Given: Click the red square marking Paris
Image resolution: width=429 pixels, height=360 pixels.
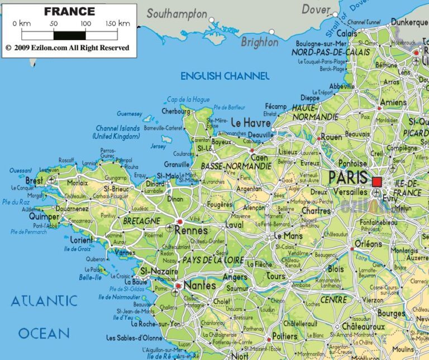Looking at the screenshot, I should point(377,182).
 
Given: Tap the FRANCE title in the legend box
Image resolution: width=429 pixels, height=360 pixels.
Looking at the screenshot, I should point(69,11).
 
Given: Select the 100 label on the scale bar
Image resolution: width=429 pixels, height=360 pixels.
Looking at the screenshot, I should point(85,23).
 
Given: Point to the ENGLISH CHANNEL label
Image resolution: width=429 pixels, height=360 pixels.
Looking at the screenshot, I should point(225,76).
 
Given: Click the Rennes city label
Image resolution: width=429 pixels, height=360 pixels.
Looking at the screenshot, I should point(192,230).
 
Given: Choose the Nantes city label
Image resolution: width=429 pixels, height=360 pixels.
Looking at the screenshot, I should point(199,286).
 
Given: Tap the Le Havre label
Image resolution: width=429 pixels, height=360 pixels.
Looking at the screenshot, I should point(250,122).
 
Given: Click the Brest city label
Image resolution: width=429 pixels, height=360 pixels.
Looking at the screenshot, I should point(34,181).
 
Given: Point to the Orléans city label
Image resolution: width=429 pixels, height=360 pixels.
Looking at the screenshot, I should point(368,244).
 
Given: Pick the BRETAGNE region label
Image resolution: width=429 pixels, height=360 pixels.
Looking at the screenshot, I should point(141,221).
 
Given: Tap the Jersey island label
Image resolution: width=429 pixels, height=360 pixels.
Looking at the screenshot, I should point(158,146).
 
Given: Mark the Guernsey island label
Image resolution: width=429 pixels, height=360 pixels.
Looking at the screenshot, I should point(130,114).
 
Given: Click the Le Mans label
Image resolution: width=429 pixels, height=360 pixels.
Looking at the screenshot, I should point(288,236).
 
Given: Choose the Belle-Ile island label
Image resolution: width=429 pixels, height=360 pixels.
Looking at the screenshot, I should point(90,277).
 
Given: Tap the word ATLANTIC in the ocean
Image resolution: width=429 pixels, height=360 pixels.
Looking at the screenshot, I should point(44,301).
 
